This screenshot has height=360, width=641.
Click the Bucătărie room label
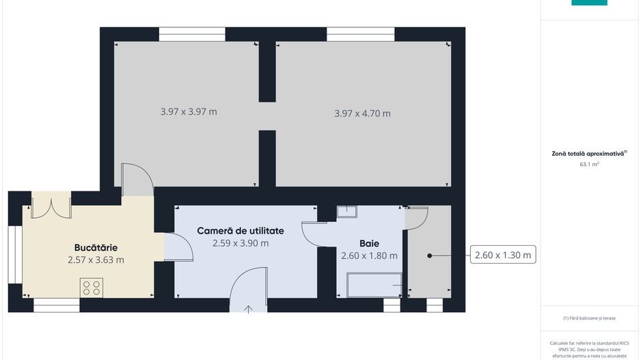pyautogui.click(x=96, y=247)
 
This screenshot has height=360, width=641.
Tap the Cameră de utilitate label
pyautogui.click(x=241, y=231)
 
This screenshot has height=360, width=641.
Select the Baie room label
pyautogui.click(x=369, y=244)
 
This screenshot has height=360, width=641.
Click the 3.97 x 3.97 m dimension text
pyautogui.click(x=189, y=111)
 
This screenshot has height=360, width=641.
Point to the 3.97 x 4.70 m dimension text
pyautogui.click(x=362, y=113)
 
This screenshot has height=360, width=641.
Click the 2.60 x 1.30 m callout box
pyautogui.click(x=503, y=255)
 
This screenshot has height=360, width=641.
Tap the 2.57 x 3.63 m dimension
pyautogui.click(x=96, y=260)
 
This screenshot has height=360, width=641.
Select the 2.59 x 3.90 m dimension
pyautogui.click(x=241, y=243)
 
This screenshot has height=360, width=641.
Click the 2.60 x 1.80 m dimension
pyautogui.click(x=369, y=255)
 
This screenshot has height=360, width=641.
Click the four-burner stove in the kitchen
pyautogui.click(x=92, y=288)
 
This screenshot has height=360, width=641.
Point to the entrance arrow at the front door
pyautogui.click(x=248, y=309)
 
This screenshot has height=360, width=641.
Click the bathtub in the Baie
pyautogui.click(x=374, y=285)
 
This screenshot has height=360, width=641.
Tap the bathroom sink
pyautogui.click(x=346, y=211)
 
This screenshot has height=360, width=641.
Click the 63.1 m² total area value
pyautogui.click(x=589, y=164)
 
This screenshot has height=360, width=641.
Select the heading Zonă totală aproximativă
pyautogui.click(x=588, y=154)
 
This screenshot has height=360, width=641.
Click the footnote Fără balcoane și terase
pyautogui.click(x=589, y=318)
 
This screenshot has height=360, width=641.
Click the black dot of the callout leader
pyautogui.click(x=429, y=255)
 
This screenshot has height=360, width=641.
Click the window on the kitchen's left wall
pyautogui.click(x=15, y=255)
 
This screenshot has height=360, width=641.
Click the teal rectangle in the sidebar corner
pyautogui.click(x=589, y=3)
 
